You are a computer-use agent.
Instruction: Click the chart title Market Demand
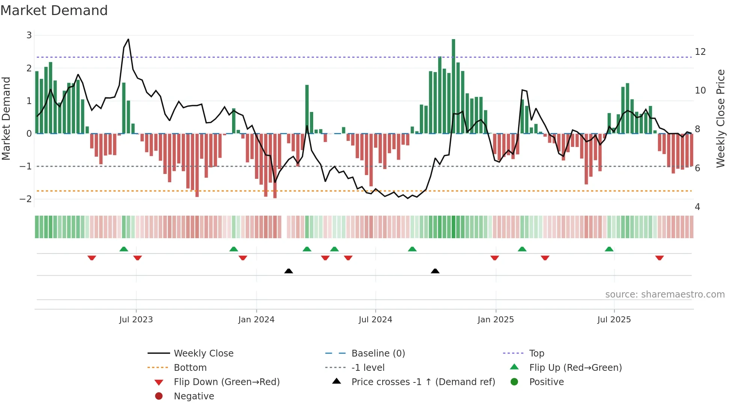54,11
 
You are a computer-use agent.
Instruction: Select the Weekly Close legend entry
203,353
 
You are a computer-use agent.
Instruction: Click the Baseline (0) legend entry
378,353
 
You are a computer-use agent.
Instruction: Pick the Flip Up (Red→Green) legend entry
575,367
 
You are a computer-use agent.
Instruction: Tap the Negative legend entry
193,396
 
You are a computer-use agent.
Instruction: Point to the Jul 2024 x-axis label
375,320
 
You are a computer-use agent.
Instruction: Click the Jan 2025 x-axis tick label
495,320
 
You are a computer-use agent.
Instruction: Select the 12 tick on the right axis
700,52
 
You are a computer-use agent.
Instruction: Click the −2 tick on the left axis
26,199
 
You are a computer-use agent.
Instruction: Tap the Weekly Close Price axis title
720,118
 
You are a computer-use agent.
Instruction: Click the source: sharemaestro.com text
665,294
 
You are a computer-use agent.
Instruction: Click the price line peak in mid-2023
128,39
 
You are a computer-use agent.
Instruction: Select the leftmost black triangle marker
288,271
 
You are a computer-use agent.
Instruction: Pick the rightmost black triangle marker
435,271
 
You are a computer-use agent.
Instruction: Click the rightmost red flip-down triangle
659,258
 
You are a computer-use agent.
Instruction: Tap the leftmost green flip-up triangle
124,249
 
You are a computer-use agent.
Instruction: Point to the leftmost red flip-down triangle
92,258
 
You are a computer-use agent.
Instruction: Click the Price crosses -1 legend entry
423,382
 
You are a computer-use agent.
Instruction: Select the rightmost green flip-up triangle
609,249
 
